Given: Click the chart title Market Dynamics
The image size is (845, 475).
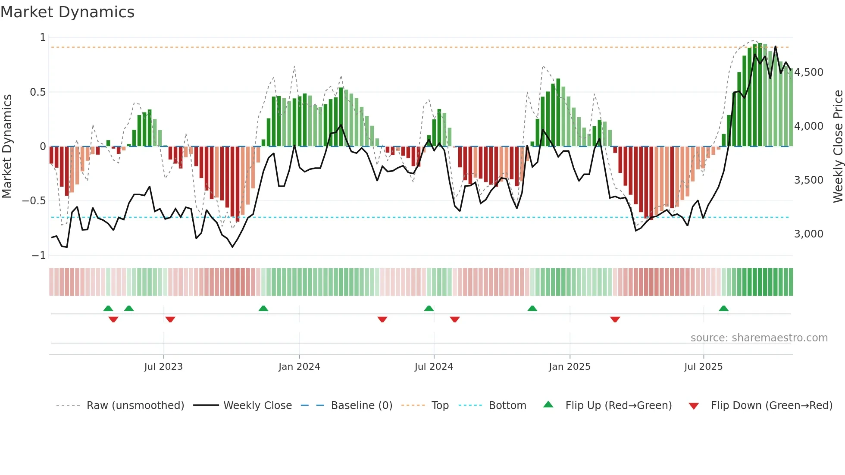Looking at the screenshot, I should click(67, 12).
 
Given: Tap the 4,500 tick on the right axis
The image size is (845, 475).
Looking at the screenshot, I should click(808, 72).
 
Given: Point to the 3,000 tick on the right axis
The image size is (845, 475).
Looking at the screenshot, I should click(808, 234).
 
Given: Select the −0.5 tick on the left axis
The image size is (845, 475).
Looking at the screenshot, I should click(34, 201).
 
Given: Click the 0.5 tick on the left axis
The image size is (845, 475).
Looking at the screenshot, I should click(38, 92).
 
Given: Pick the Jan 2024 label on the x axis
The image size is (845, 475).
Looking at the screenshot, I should click(299, 367).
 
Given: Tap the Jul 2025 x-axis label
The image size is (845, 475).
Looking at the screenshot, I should click(703, 367).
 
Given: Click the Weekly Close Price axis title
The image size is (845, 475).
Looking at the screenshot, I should click(838, 146).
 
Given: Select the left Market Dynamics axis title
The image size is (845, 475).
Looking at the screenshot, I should click(7, 146).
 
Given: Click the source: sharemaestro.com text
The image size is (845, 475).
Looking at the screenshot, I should click(759, 338).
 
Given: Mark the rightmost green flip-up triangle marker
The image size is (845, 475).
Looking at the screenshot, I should click(723, 309).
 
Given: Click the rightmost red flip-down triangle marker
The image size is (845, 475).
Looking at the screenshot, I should click(615, 319).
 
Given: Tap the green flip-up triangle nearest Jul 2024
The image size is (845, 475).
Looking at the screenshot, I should click(429, 309).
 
